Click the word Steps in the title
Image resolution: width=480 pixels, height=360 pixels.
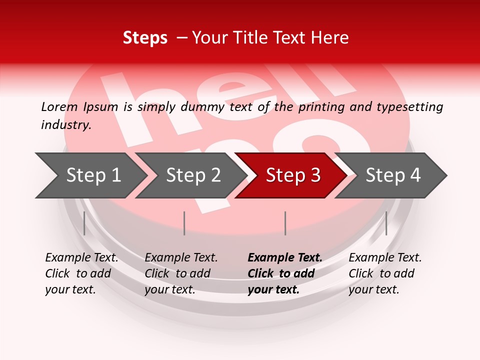coord(145,38)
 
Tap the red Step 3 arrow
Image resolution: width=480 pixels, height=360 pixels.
coord(292,175)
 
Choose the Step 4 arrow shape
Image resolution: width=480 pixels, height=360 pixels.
coord(392,175)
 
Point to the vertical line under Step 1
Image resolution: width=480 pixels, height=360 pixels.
coord(84,223)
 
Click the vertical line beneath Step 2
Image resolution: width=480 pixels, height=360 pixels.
coord(184,223)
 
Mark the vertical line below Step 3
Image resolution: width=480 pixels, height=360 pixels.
coord(285,223)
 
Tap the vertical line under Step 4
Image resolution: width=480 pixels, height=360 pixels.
coord(386,223)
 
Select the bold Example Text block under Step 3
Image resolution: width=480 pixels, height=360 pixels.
coord(285,273)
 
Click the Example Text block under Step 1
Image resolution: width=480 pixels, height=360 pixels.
coord(81,273)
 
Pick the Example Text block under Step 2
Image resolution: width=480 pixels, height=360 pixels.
coord(181,273)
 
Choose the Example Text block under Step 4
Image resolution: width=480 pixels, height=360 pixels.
coord(385,273)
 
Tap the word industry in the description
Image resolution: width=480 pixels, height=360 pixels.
coord(65,125)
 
